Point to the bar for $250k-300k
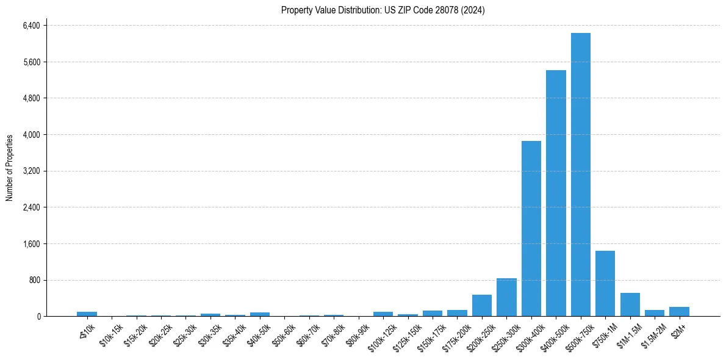tap(506, 297)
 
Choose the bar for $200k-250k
tap(481, 305)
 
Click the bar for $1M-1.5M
tap(630, 304)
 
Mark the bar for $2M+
tap(679, 311)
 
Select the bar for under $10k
tap(87, 314)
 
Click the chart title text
tap(383, 10)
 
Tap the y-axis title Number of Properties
tap(10, 168)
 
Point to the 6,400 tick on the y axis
tap(31, 26)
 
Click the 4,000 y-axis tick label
tap(31, 135)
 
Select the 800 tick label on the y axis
tap(34, 280)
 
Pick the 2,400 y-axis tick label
tap(31, 207)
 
